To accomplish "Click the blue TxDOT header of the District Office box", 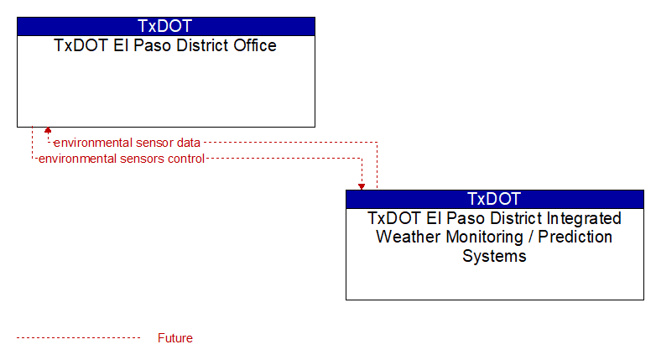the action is coord(165,26).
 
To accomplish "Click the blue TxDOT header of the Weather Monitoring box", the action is coord(494,199).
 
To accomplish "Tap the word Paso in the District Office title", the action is coord(153,45).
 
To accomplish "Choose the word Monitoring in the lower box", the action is coord(485,237).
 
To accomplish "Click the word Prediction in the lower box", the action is coord(575,237).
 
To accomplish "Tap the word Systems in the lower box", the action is coord(494,256).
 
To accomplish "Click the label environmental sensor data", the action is coord(127,143).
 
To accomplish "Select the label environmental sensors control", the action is coord(122,159).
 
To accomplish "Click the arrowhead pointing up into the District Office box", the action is coord(48,130).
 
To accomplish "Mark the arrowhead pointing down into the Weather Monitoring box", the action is coord(362,187).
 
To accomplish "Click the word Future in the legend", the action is coord(174,338).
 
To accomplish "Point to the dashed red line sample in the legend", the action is coord(78,338).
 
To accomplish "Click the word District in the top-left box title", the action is coord(202,45).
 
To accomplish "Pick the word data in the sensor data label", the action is coord(188,143).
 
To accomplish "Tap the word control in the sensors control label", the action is coord(185,159).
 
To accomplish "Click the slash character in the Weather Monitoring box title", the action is coord(530,237).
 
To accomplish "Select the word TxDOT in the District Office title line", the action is coord(81,45).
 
